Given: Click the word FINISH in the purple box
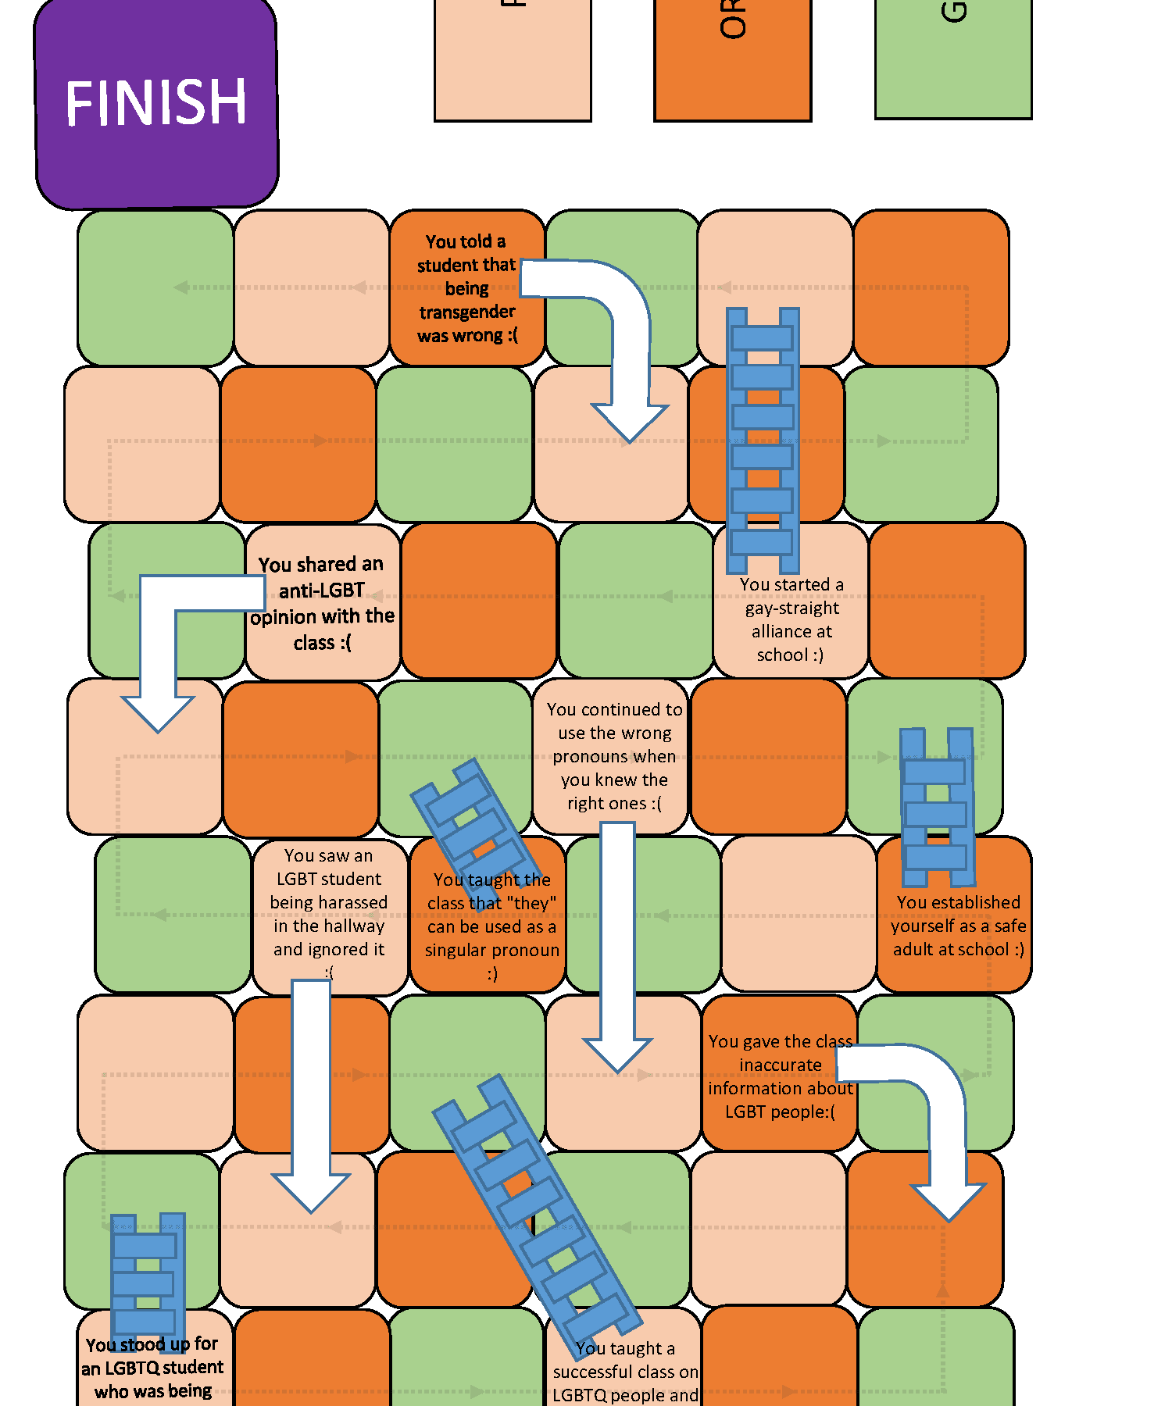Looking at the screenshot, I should click(x=156, y=103).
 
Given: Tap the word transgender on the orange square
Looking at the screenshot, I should click(x=467, y=312).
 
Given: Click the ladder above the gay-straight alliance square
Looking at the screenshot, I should click(x=763, y=439).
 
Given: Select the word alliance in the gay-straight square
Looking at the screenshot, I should click(x=791, y=631).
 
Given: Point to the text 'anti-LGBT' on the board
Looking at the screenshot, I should click(x=322, y=591).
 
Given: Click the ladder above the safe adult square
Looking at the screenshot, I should click(x=936, y=806).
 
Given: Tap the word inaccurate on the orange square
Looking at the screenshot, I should click(x=781, y=1065).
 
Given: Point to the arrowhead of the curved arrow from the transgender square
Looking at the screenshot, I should click(x=630, y=423).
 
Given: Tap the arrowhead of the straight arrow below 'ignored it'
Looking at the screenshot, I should click(x=311, y=1192).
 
